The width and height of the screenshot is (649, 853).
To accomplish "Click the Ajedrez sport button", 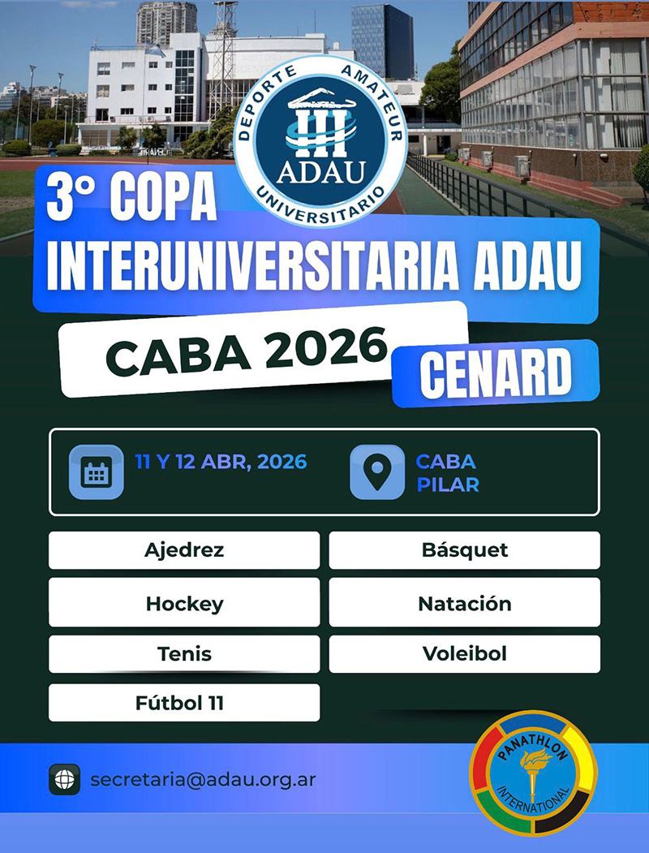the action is (x=184, y=550).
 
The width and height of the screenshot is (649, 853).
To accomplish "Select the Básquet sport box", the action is (x=465, y=550).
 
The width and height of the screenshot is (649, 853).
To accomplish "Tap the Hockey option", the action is (x=184, y=602).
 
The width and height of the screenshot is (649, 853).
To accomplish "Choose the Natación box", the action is (x=465, y=602).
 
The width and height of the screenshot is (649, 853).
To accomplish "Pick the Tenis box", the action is (x=184, y=654).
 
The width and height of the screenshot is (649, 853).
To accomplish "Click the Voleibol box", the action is (x=465, y=654).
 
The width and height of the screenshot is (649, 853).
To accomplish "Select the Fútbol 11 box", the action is (x=184, y=703).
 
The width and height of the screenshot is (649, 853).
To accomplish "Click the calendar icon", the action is (x=97, y=472).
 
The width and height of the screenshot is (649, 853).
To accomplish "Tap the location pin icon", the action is (x=377, y=472).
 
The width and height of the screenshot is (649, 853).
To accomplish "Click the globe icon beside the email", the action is (x=65, y=780).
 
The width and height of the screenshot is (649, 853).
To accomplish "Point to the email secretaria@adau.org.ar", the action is (x=203, y=780).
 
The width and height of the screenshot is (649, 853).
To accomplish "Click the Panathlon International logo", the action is (x=533, y=773).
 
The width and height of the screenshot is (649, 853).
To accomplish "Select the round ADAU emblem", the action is (x=320, y=140).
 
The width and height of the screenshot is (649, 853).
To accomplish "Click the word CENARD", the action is (x=495, y=373).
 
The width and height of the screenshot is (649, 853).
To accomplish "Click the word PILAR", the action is (x=448, y=485).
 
